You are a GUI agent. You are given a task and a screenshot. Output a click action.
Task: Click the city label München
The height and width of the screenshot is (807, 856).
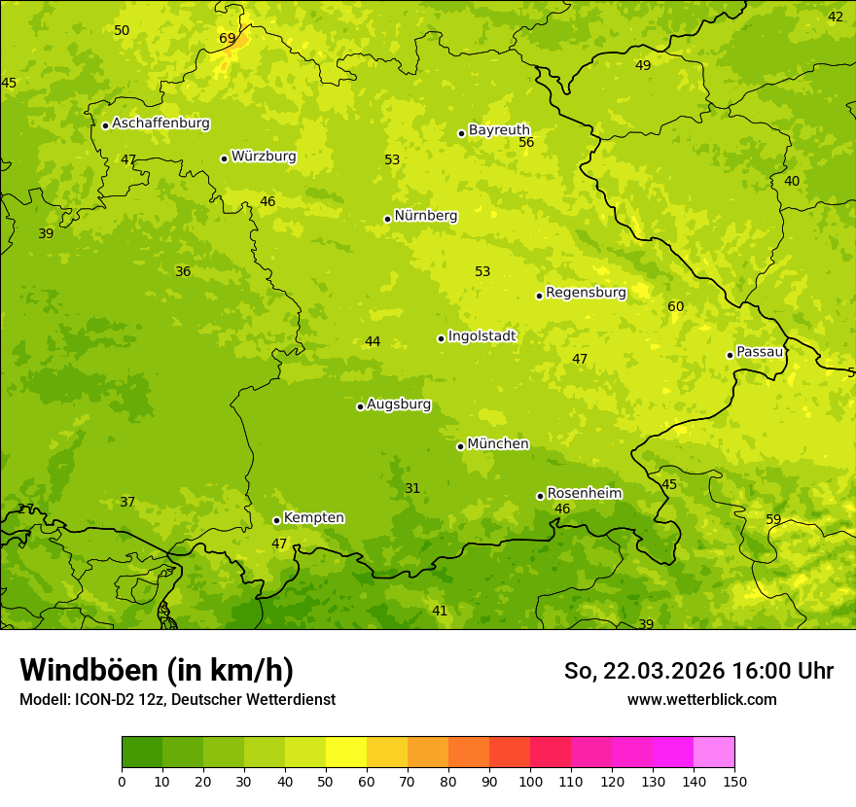(x=498, y=444)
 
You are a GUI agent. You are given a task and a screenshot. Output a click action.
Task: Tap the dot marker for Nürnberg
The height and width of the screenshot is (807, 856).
(x=387, y=219)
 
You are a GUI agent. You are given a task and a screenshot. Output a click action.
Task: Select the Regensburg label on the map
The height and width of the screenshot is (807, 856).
(x=586, y=293)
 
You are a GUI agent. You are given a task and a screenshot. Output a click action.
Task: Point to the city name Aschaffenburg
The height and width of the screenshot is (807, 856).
(x=160, y=123)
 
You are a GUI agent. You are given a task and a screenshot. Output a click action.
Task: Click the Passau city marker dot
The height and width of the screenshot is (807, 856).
(x=730, y=355)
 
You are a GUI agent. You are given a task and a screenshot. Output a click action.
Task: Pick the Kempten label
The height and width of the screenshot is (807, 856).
(x=313, y=518)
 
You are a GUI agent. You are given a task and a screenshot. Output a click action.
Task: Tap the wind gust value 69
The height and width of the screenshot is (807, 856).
(x=228, y=39)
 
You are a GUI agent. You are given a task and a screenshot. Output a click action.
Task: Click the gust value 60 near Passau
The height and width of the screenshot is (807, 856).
(x=676, y=307)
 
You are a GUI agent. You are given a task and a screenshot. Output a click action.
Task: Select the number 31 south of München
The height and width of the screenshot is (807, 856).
(x=412, y=489)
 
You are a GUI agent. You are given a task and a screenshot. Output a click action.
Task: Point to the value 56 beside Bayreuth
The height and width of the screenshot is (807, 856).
(x=526, y=143)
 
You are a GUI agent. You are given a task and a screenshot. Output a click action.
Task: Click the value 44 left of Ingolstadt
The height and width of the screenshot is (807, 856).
(x=373, y=342)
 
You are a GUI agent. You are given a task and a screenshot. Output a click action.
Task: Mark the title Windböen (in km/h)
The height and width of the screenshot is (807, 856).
(x=157, y=671)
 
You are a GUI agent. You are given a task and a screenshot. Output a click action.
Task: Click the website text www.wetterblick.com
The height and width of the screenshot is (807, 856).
(x=701, y=700)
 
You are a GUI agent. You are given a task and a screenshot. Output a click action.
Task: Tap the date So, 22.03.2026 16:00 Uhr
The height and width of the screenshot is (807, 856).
(x=698, y=672)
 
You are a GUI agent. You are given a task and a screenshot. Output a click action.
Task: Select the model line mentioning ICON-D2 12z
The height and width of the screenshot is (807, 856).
(x=177, y=700)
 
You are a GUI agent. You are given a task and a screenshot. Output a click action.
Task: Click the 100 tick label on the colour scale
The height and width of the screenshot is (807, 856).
(x=530, y=781)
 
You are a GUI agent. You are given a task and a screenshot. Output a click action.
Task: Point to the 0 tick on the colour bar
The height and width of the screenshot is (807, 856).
(x=122, y=781)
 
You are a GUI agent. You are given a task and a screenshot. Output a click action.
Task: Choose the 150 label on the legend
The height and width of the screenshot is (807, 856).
(x=734, y=781)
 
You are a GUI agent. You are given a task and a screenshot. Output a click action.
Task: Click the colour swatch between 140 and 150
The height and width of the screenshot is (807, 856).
(x=714, y=753)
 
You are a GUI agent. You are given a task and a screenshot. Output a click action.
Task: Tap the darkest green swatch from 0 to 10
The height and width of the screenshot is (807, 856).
(x=142, y=753)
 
